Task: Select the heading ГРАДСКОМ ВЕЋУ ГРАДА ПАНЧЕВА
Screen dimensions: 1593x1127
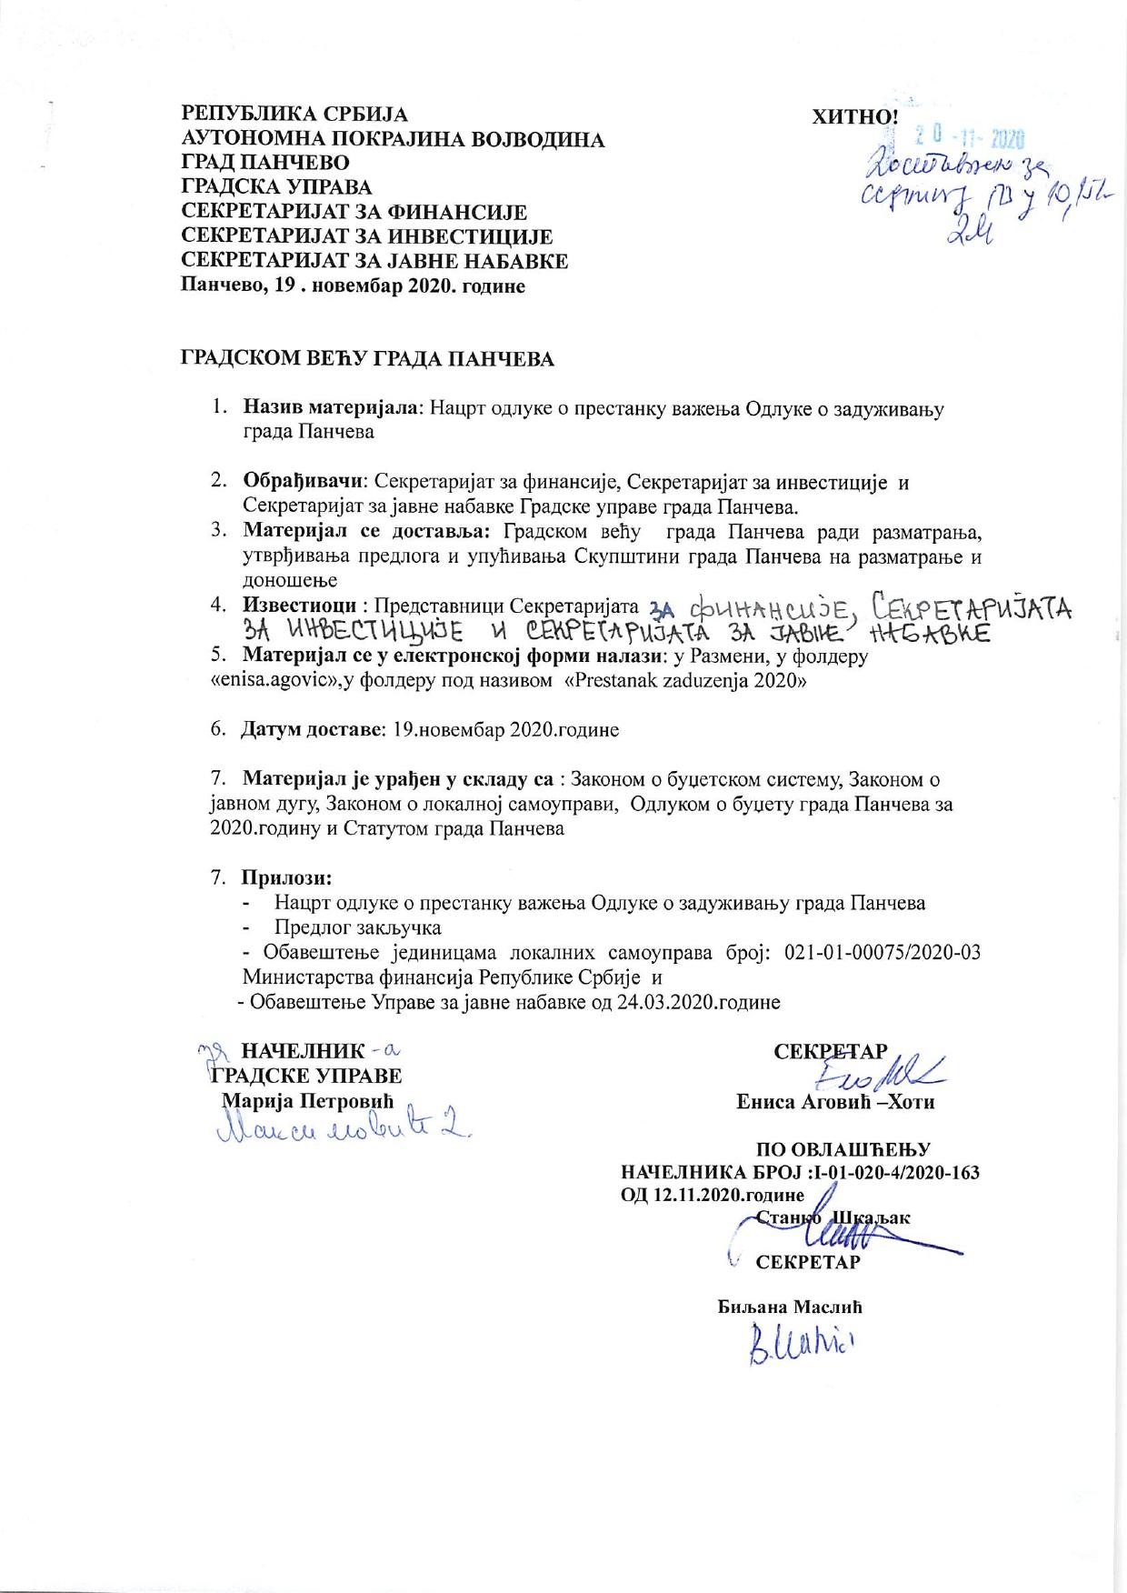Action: [x=368, y=359]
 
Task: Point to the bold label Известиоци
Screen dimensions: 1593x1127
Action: [x=298, y=605]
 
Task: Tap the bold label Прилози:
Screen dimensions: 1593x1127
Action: [x=286, y=878]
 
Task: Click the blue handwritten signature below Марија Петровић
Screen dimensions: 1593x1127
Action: [x=345, y=1130]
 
